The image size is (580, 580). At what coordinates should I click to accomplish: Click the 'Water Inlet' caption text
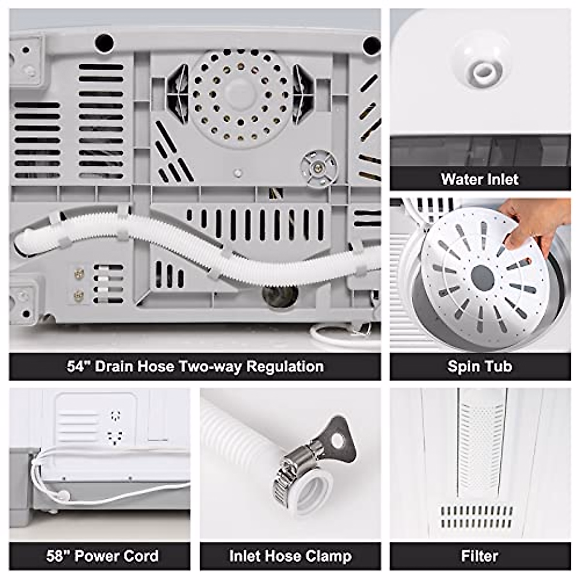479,179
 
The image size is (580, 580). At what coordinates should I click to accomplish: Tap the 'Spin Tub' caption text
479,366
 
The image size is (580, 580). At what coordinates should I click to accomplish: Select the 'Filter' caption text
479,556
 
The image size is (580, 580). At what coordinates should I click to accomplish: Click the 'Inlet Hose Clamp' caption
290,556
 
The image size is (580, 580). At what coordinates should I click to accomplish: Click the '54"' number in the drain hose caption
79,366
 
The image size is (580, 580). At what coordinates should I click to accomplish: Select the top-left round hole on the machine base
104,42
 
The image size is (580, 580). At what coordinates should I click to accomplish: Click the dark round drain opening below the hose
280,295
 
